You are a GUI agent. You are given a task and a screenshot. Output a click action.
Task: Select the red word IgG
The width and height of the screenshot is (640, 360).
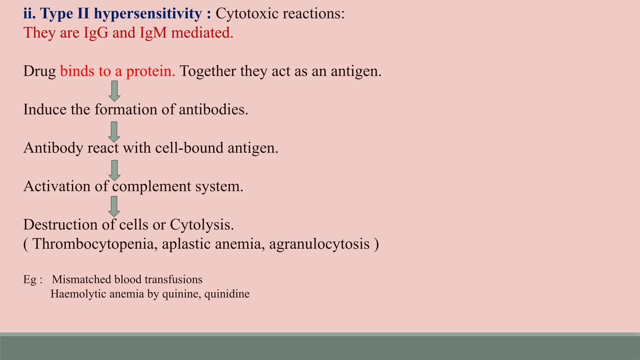(x=96, y=33)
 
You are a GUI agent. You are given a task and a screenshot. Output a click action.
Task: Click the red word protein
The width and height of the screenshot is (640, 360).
(x=150, y=72)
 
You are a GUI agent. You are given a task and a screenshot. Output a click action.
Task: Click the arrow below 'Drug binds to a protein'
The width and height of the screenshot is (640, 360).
(x=114, y=91)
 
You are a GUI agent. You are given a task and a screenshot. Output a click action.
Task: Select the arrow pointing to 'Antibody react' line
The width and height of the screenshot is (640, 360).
(x=114, y=132)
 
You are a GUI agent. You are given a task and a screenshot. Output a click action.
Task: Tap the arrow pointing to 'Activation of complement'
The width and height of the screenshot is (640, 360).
(x=114, y=170)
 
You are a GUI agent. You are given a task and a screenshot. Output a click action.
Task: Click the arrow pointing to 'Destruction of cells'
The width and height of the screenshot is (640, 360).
(x=114, y=206)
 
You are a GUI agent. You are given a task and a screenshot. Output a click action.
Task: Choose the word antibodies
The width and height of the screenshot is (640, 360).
(x=213, y=110)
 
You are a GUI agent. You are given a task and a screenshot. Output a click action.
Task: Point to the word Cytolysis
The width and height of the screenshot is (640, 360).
(x=202, y=225)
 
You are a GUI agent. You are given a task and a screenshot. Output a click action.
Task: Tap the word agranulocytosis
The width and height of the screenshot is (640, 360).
(x=319, y=244)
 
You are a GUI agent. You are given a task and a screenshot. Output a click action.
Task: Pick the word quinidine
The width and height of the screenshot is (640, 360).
(x=227, y=294)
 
